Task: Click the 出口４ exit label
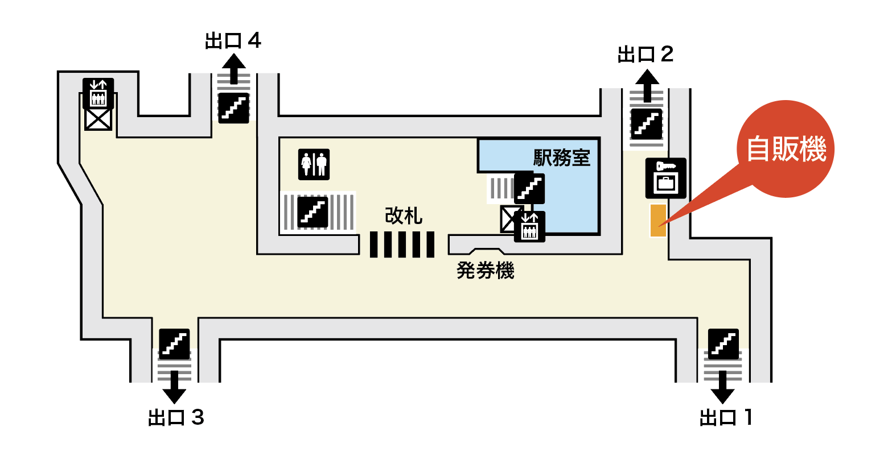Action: tap(233, 41)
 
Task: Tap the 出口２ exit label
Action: tap(646, 55)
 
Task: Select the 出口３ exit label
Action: tap(176, 417)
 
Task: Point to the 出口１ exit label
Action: tap(726, 417)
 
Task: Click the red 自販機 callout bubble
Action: tap(786, 150)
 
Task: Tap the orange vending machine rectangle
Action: tap(658, 220)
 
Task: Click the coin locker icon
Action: tap(665, 178)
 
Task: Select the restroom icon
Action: tap(314, 164)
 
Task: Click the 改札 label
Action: tap(404, 215)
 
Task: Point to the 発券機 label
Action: tap(486, 271)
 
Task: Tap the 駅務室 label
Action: tap(561, 157)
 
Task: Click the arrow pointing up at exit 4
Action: tap(233, 68)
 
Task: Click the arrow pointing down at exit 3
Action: tap(174, 387)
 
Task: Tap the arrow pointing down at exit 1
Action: tap(723, 387)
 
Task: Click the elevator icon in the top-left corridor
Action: tap(98, 93)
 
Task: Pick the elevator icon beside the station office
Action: tap(529, 226)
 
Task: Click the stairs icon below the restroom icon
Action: tap(313, 212)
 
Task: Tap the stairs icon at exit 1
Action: tap(723, 343)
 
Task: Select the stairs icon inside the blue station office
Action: tap(529, 188)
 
